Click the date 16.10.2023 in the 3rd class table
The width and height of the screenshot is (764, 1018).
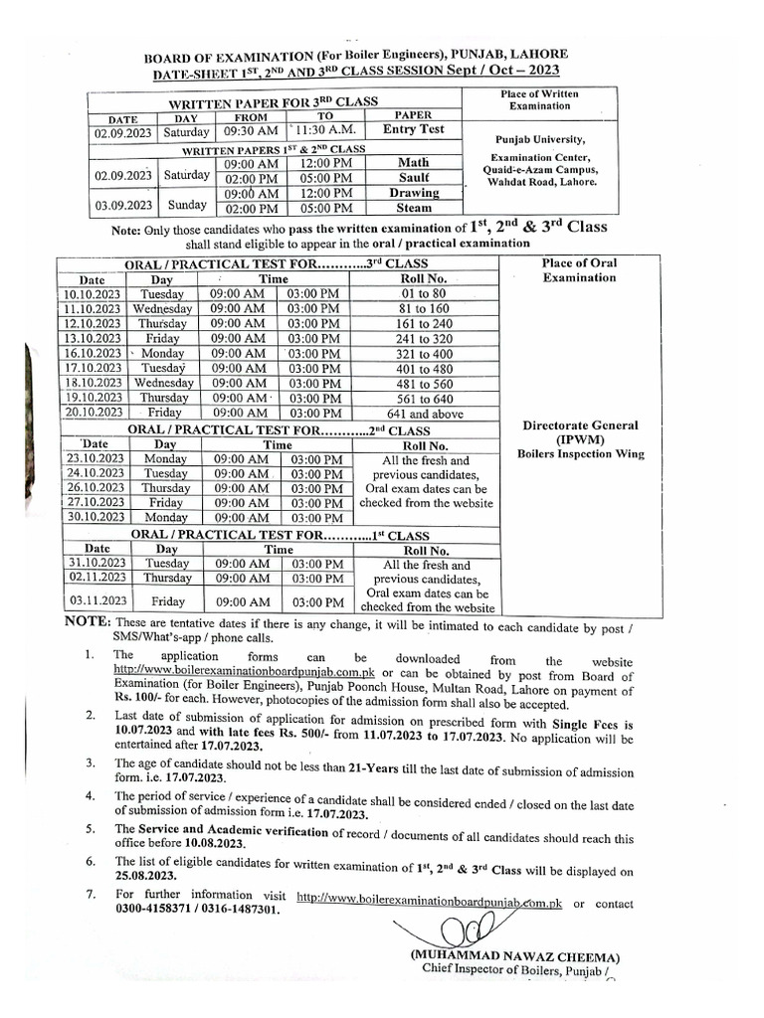[x=89, y=354]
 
